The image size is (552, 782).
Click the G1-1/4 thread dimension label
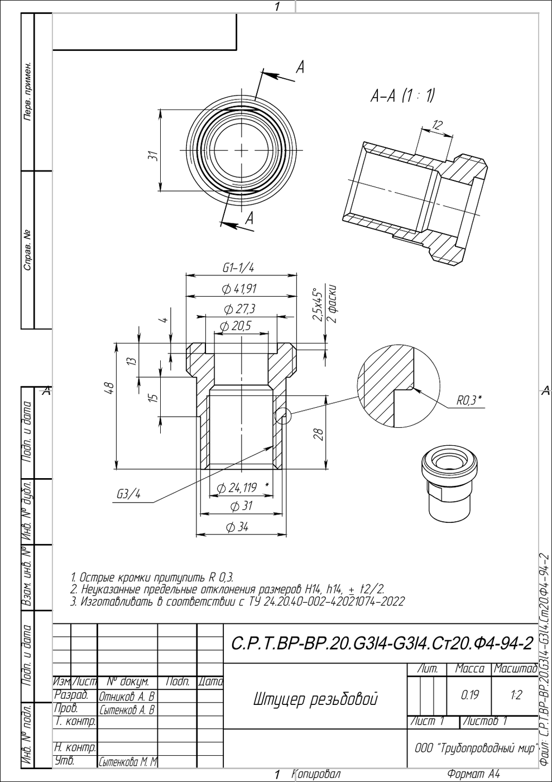pyautogui.click(x=238, y=268)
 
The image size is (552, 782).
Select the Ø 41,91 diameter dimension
pyautogui.click(x=239, y=289)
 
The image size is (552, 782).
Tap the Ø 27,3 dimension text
pyautogui.click(x=239, y=308)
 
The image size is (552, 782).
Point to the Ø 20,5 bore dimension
pyautogui.click(x=236, y=326)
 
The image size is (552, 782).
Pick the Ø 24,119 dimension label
pyautogui.click(x=237, y=487)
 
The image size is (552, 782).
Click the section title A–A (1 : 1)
pyautogui.click(x=402, y=96)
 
